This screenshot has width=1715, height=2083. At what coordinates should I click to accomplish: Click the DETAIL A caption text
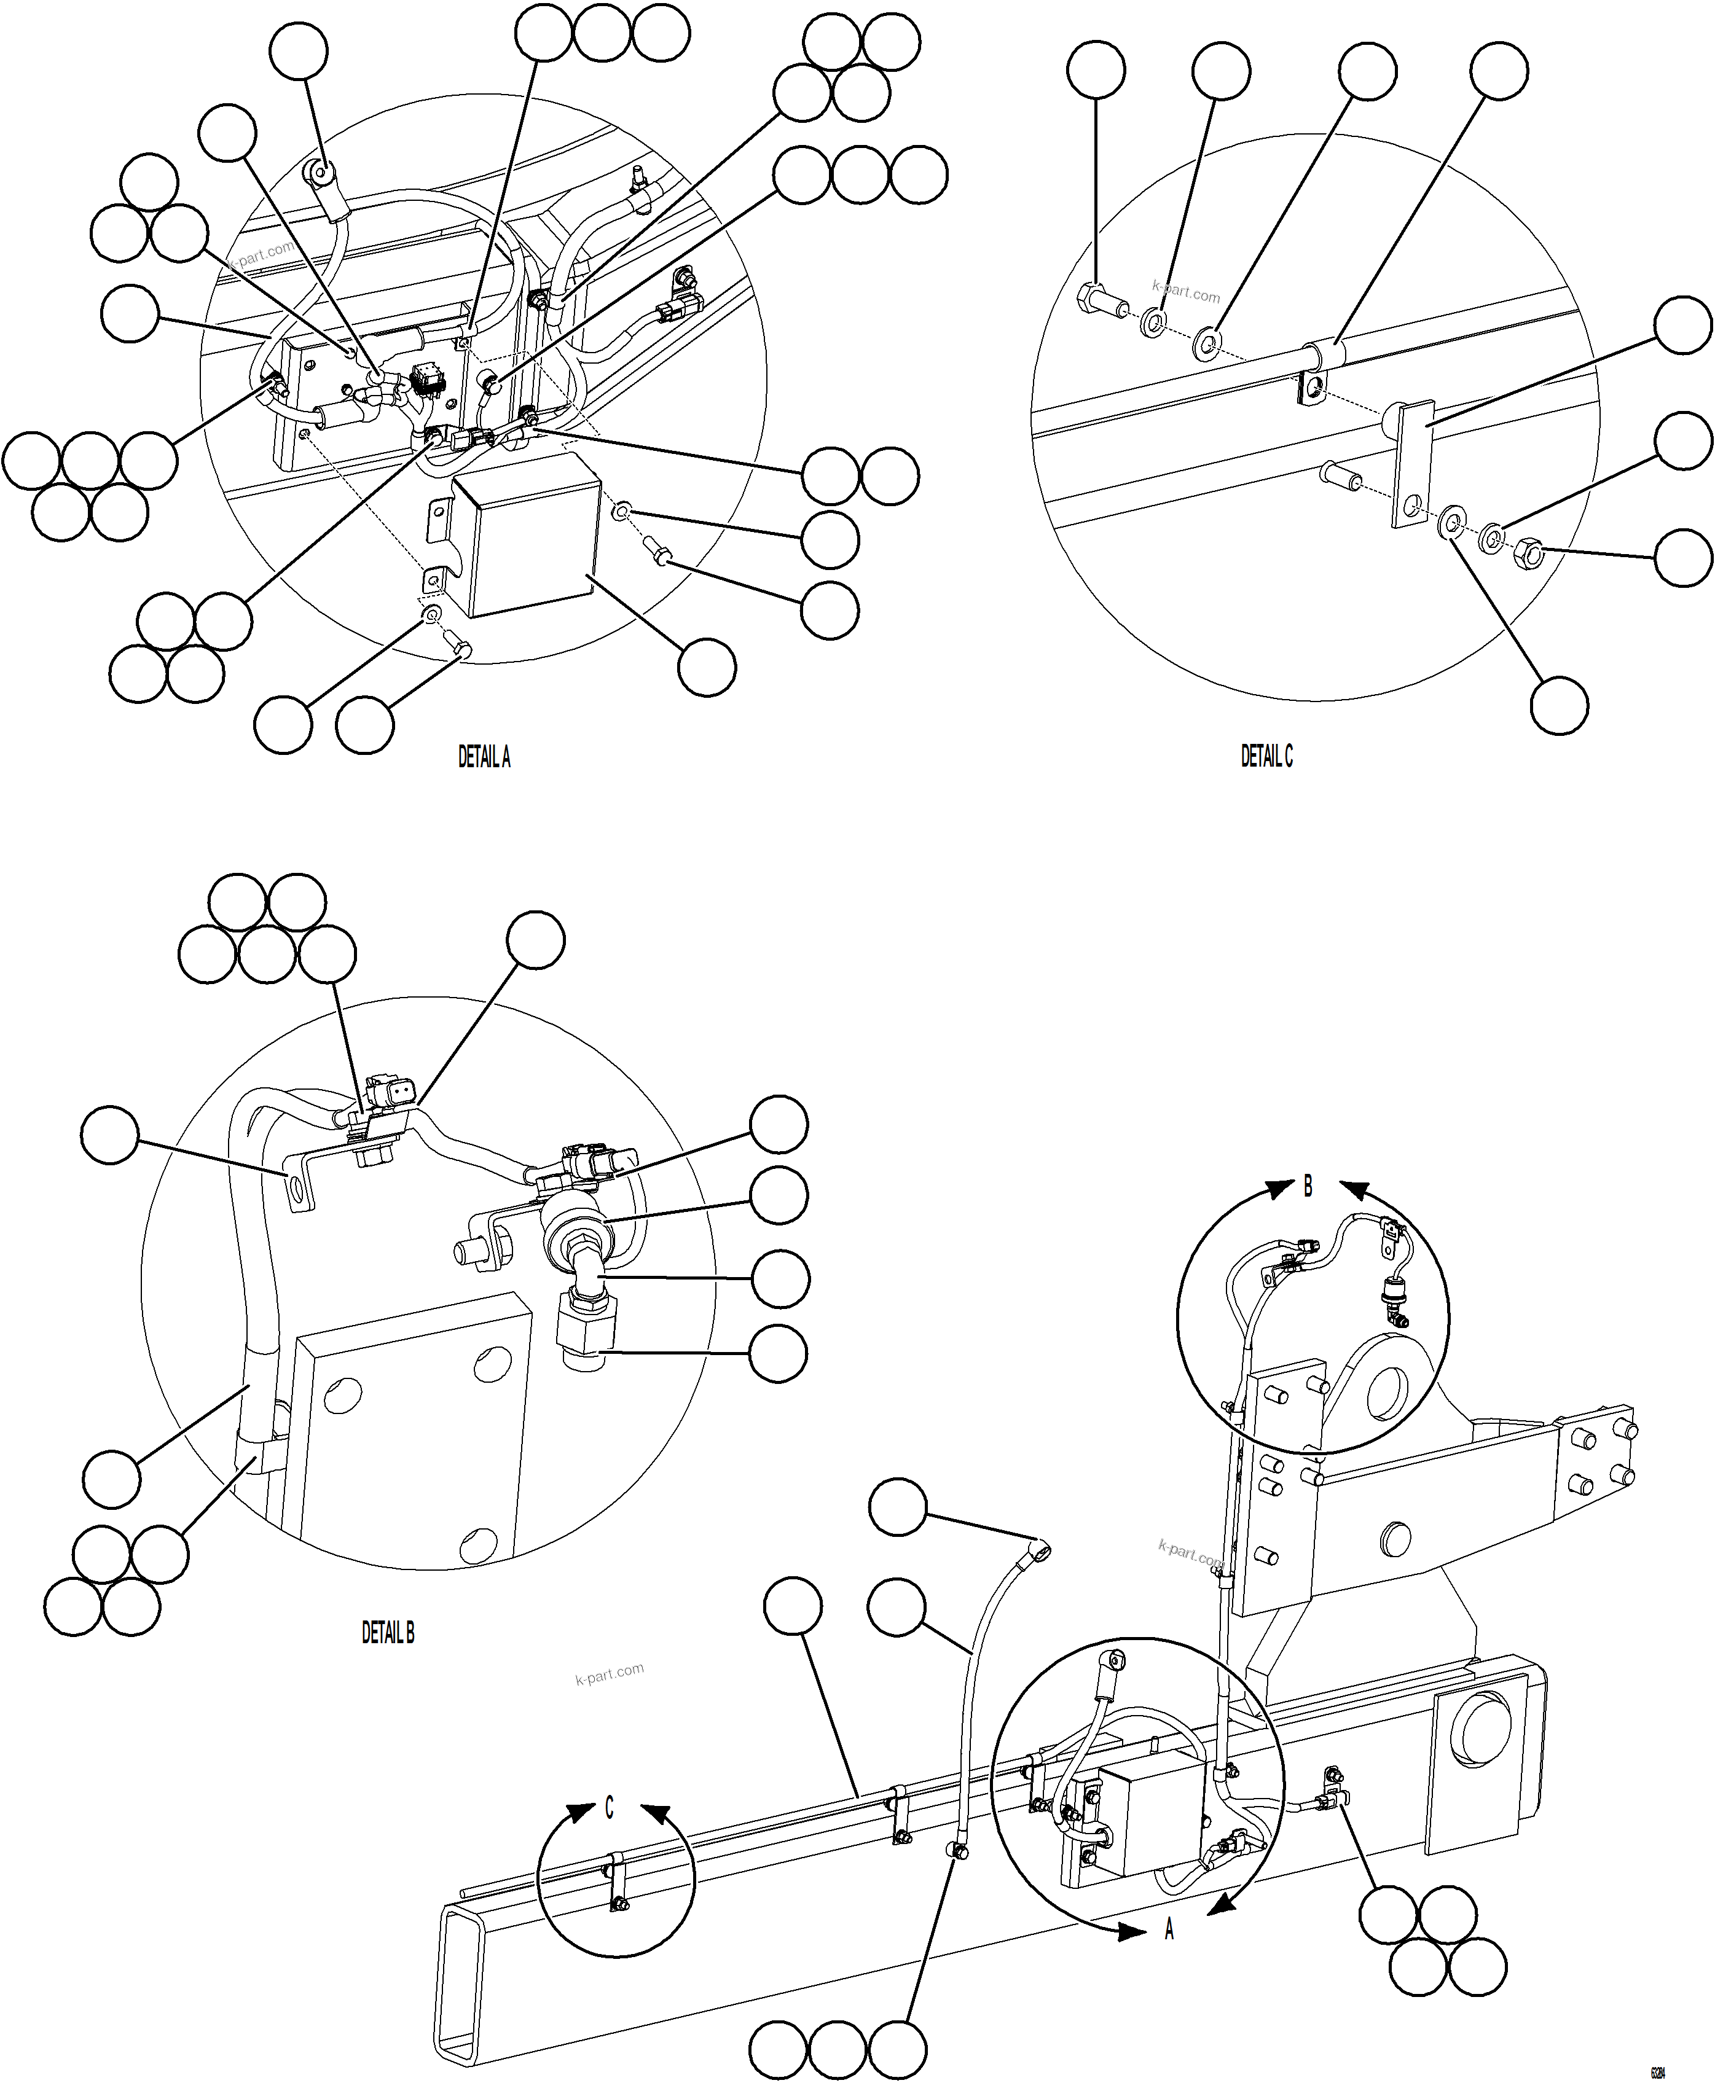[x=484, y=757]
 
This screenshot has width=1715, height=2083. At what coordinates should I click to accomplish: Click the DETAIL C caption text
[x=1266, y=757]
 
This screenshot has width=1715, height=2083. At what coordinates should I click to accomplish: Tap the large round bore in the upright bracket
[x=1387, y=1399]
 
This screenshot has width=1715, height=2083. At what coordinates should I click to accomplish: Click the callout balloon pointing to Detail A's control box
[x=707, y=666]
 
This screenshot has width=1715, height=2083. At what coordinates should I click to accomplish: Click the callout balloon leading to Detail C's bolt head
[x=1096, y=70]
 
